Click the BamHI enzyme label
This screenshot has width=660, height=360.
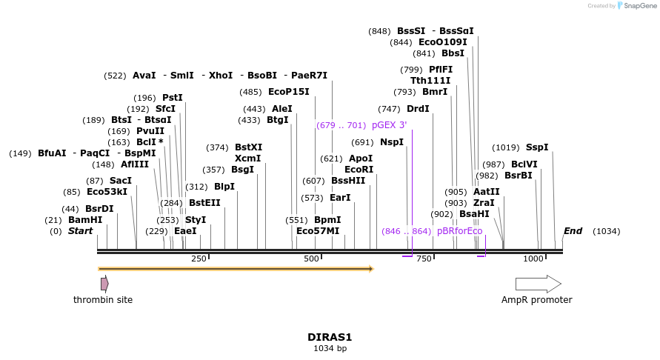pos(85,220)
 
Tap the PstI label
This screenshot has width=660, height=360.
pos(172,97)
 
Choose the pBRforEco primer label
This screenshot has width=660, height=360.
pos(459,231)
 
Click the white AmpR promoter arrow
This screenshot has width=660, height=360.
pos(538,284)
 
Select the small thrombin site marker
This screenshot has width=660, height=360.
pos(104,284)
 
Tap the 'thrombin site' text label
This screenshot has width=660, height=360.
pos(103,300)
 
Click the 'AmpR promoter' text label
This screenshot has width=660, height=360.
pos(537,300)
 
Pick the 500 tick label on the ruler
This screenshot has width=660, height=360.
pos(311,259)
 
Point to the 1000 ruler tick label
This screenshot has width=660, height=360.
pos(533,259)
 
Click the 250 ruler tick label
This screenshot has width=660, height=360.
pos(199,259)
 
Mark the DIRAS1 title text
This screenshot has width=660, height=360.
pos(330,336)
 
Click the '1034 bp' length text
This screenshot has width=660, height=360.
pos(330,348)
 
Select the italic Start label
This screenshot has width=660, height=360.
pos(80,231)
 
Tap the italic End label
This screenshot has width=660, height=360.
pos(573,231)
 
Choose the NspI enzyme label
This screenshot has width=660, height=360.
pos(392,141)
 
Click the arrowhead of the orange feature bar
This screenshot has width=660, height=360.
pos(370,269)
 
